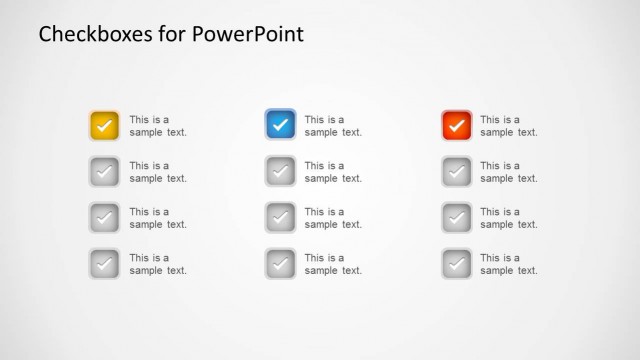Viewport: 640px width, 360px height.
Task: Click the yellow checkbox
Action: tap(104, 126)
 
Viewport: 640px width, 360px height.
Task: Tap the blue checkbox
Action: tap(280, 126)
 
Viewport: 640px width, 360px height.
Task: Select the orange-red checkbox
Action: tap(456, 126)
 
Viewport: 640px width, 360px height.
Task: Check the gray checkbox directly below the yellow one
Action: tap(104, 172)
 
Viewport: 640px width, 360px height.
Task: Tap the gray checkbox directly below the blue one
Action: tap(280, 172)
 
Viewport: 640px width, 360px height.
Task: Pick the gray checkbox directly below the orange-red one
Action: tap(456, 172)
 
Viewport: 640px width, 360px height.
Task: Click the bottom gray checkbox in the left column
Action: tap(104, 264)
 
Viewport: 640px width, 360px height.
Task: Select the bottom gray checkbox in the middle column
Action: tap(280, 264)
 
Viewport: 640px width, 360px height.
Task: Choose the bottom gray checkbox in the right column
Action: tap(456, 264)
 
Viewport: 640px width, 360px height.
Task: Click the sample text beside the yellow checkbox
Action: tap(158, 126)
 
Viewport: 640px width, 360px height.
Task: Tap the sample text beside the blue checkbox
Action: tap(333, 126)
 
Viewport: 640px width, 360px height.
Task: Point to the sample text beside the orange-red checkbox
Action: tap(509, 126)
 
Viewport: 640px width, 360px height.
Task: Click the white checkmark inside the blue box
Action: tap(280, 126)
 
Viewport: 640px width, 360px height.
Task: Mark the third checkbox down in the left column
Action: tap(104, 218)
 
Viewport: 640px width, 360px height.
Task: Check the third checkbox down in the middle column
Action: tap(280, 218)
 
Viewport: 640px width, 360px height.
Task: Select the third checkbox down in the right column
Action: tap(456, 218)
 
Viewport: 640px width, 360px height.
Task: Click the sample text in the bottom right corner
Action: tap(509, 264)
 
